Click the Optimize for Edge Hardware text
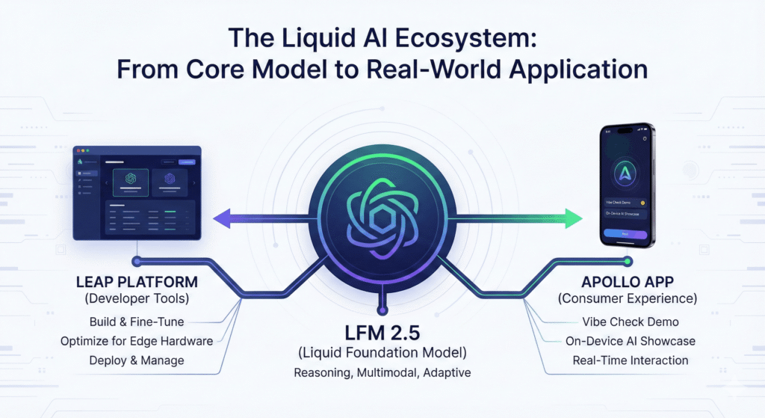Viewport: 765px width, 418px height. click(x=137, y=342)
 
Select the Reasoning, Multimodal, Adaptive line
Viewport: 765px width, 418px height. click(x=382, y=372)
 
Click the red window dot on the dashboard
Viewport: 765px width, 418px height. click(x=77, y=151)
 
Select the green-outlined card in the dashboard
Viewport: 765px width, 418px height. click(x=130, y=182)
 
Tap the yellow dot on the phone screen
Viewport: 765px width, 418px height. click(x=643, y=202)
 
